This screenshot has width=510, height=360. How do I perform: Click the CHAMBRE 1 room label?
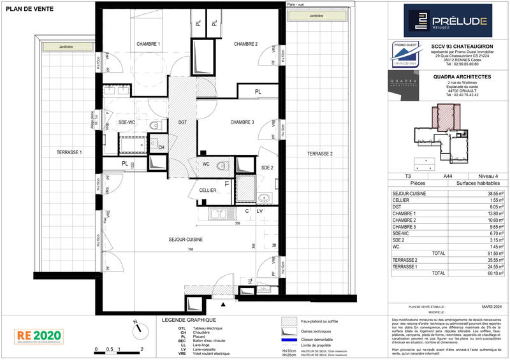pos(148,44)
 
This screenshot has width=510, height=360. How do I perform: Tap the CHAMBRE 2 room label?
pos(245,44)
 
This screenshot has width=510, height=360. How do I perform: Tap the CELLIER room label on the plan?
pos(208,190)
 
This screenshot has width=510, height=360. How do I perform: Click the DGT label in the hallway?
pos(182,122)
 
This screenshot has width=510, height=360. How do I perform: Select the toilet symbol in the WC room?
pos(221,166)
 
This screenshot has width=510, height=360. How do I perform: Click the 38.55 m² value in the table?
pos(493,193)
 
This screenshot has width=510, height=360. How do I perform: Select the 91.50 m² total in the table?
pos(493,253)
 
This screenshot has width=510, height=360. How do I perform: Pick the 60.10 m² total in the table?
pos(493,273)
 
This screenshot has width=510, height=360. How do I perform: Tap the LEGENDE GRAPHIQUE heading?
pos(189,320)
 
